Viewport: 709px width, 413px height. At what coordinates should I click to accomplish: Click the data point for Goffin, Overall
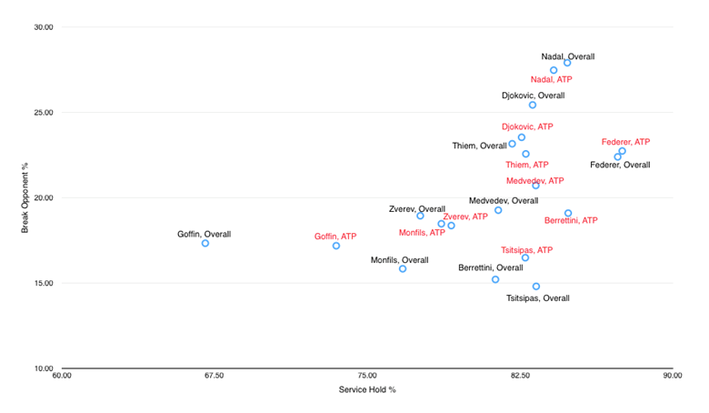205,244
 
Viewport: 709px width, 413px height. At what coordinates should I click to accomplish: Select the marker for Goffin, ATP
336,246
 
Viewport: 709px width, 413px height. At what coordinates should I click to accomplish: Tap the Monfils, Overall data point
403,269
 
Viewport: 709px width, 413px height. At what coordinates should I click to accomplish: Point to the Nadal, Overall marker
567,63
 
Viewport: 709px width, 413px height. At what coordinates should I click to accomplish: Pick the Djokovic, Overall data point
533,106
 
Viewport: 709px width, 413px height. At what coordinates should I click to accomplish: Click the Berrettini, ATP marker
568,214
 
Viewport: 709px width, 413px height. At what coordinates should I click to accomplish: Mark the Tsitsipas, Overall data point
536,287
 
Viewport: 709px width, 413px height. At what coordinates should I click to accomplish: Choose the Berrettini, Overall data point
495,279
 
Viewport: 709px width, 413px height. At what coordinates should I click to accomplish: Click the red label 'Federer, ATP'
625,142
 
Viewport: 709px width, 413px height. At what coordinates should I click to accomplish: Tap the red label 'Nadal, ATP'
552,80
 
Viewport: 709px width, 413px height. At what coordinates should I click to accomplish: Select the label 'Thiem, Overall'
479,146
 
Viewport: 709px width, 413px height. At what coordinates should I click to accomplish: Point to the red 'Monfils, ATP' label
422,233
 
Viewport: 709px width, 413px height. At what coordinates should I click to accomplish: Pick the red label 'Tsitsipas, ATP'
526,249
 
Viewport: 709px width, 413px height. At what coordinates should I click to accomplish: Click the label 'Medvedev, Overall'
504,200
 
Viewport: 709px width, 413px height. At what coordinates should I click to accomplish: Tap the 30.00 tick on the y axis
43,27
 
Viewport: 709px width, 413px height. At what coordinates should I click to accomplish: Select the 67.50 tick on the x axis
214,375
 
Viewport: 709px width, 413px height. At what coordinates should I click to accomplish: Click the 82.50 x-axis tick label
519,375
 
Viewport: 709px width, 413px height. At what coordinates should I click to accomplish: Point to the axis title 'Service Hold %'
366,389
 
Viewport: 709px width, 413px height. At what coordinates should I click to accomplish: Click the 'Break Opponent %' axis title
25,196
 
